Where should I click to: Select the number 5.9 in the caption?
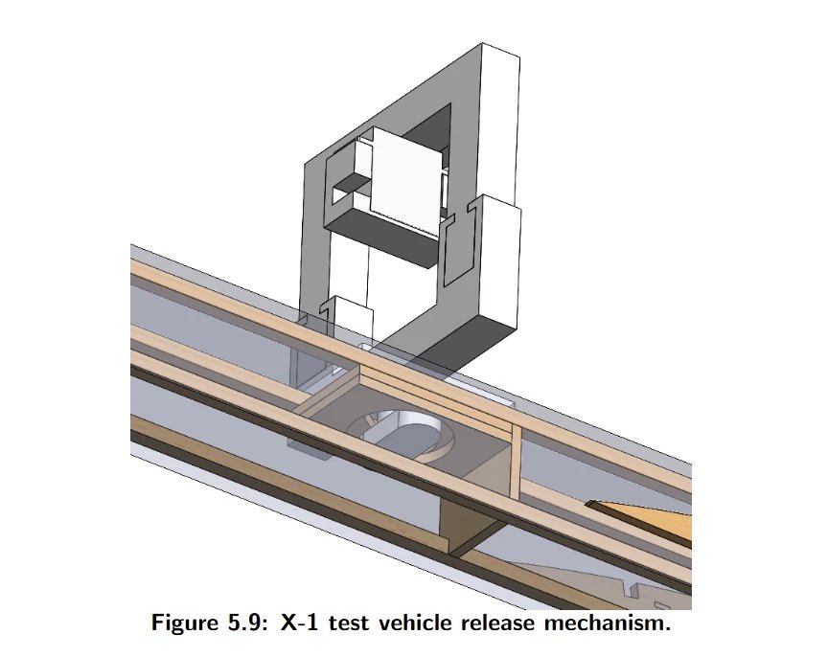click(x=251, y=623)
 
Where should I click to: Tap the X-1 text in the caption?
click(x=301, y=623)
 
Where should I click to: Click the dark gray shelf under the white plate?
click(x=383, y=235)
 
